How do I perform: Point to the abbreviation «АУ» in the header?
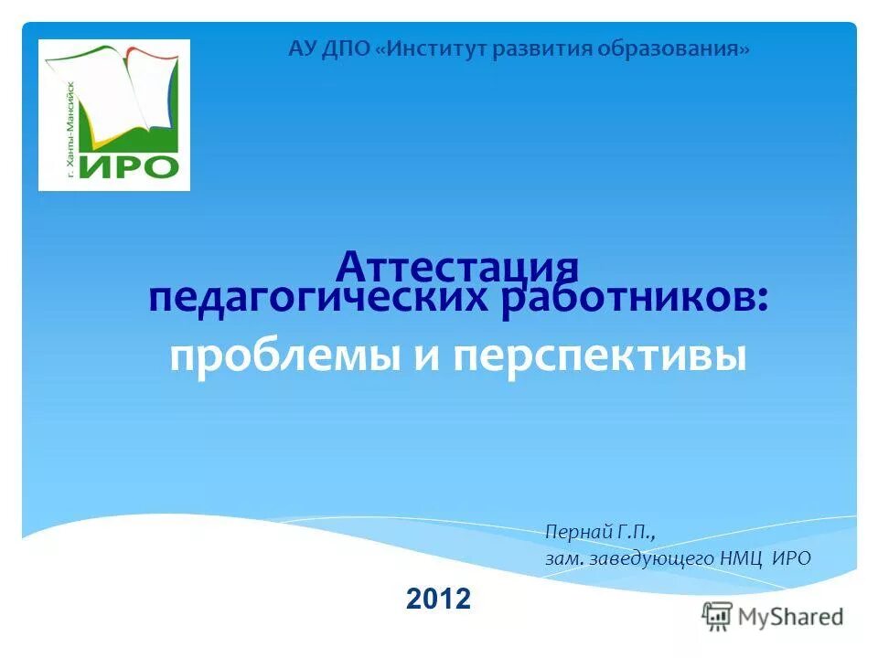302,48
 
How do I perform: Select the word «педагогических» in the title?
321,300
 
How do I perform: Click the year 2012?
438,599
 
